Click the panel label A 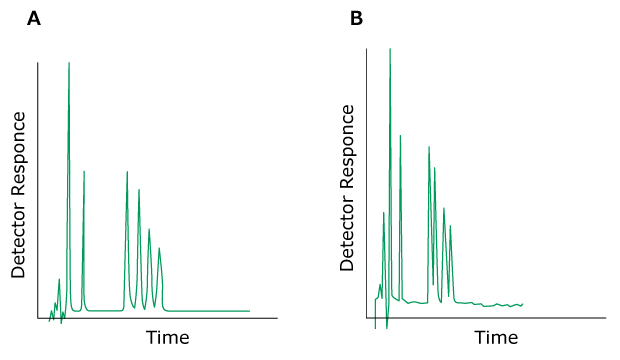click(x=34, y=18)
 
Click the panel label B click(x=356, y=18)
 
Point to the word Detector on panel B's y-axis click(x=347, y=234)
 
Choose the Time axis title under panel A click(x=167, y=337)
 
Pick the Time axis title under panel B click(x=496, y=338)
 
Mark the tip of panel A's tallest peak click(x=69, y=63)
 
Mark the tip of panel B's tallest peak click(x=390, y=48)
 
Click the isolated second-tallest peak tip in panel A click(x=84, y=171)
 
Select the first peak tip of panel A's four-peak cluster click(x=127, y=171)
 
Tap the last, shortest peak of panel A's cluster click(x=159, y=247)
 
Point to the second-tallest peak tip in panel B click(x=400, y=135)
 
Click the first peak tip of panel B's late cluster click(x=429, y=147)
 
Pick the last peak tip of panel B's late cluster click(x=451, y=225)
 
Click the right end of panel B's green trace click(x=523, y=304)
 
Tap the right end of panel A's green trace click(x=249, y=311)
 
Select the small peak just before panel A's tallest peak click(x=60, y=279)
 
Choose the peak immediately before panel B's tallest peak click(x=383, y=212)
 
